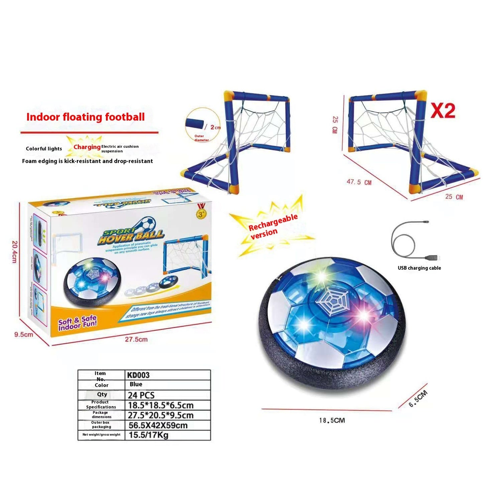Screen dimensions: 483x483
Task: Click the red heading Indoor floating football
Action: [x=86, y=117]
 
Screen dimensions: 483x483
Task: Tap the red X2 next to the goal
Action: [x=443, y=111]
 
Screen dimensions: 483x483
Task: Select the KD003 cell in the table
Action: [x=138, y=375]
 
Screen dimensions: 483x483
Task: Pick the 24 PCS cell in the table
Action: [x=141, y=395]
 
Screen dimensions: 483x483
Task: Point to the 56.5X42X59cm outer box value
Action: [x=158, y=425]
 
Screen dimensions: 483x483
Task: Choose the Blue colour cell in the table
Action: [x=136, y=384]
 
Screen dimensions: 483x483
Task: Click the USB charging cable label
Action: [x=419, y=268]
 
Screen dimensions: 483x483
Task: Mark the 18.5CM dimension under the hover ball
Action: [x=332, y=420]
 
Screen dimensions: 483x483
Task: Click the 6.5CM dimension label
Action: [x=418, y=398]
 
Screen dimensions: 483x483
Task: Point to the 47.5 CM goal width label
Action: [x=359, y=182]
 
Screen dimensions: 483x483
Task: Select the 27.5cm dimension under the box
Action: [x=136, y=339]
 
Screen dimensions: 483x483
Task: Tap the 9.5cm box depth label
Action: [x=23, y=334]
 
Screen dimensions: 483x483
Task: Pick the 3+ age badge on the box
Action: [x=201, y=214]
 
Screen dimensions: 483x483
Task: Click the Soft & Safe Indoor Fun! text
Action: [x=77, y=323]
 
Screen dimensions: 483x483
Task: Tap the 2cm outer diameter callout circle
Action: [x=203, y=124]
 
